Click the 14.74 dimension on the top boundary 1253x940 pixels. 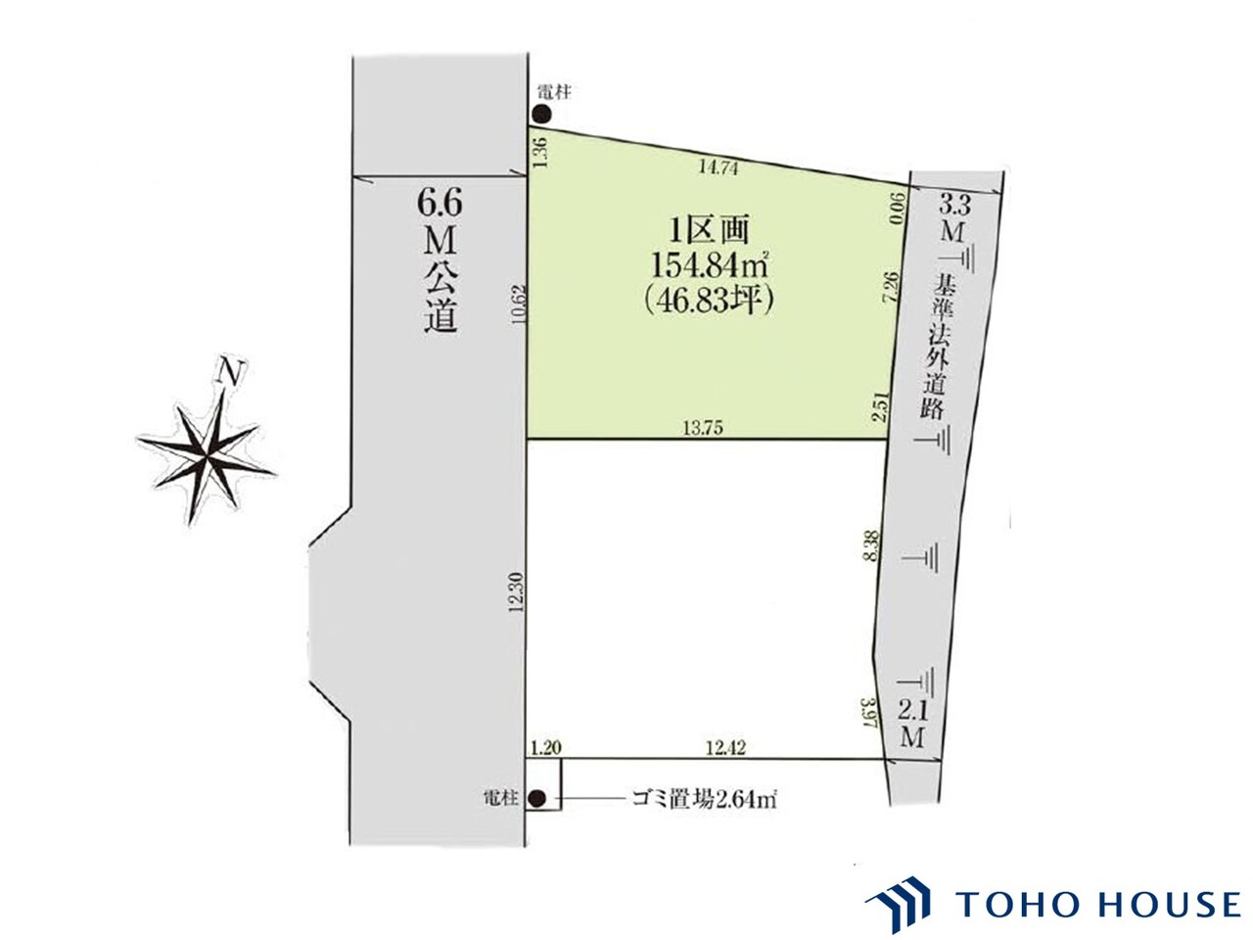point(719,167)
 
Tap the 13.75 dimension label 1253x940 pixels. point(703,428)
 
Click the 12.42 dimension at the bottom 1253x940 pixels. point(725,748)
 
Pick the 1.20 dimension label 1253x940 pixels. point(545,748)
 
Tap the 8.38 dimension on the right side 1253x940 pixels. point(871,546)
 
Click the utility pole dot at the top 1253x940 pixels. point(541,115)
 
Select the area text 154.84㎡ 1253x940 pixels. point(709,264)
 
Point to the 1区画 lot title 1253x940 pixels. point(709,230)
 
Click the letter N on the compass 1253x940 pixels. point(231,373)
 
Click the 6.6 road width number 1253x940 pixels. point(440,204)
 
